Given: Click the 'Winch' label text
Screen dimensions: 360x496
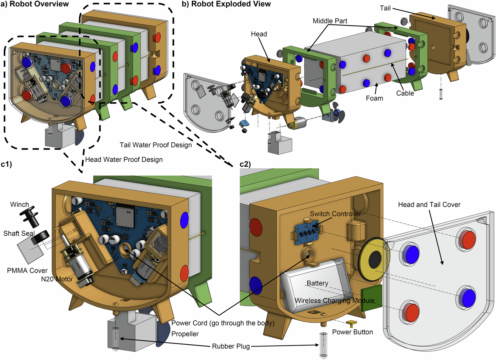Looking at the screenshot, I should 20,204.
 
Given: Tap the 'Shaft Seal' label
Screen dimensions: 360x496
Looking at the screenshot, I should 19,233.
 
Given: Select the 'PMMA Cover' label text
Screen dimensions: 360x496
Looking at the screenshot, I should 27,270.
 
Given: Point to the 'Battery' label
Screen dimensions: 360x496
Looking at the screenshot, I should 317,283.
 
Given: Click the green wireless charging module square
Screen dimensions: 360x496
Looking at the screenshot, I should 372,298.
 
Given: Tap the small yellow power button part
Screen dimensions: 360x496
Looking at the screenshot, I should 351,323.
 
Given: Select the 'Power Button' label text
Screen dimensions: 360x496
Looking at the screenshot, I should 352,332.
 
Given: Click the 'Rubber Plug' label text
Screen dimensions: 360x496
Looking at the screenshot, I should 231,346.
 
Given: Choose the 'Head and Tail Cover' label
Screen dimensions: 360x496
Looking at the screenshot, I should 429,204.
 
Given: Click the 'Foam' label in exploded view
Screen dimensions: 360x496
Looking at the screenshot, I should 374,98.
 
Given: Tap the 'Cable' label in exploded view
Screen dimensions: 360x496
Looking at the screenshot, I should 405,93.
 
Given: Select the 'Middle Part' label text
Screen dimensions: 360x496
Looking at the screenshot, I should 330,21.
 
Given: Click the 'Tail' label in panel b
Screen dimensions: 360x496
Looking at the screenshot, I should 385,8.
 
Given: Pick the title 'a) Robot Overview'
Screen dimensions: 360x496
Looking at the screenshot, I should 35,4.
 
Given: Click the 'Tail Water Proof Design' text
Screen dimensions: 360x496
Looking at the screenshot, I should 156,145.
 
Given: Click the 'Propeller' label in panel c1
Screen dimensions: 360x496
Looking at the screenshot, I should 185,334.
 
